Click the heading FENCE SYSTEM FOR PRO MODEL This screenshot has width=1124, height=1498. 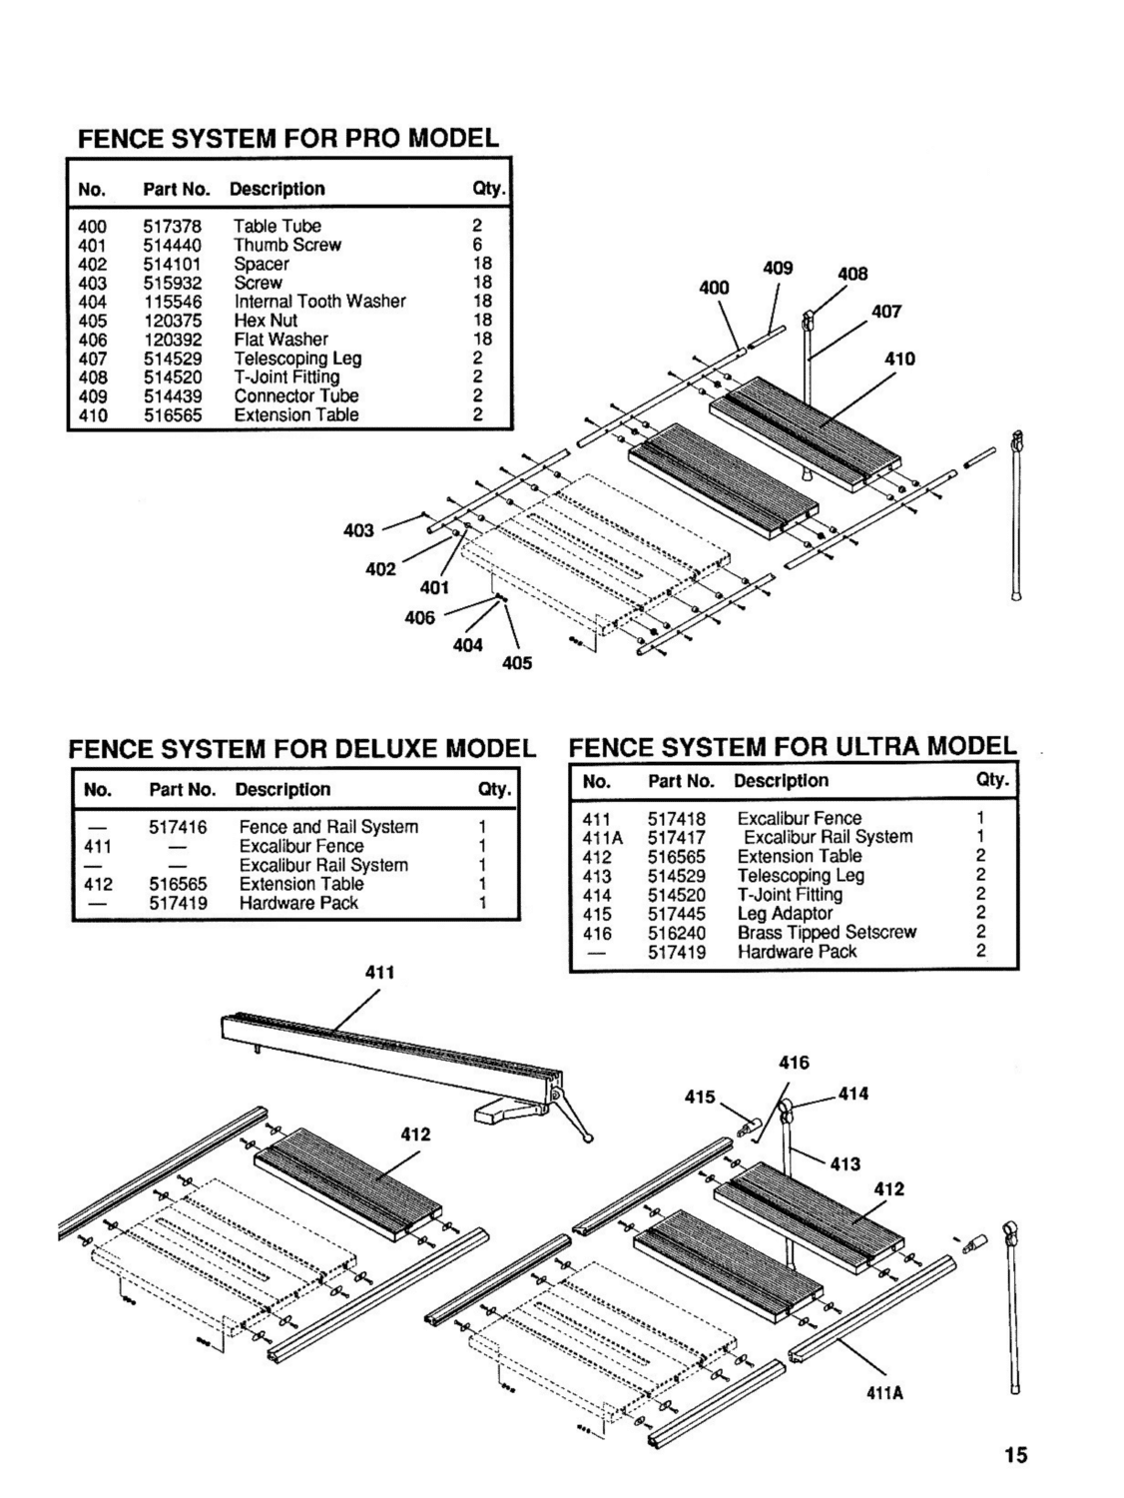click(x=288, y=138)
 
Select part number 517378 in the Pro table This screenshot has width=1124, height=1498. click(x=172, y=227)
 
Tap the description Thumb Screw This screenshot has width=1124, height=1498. click(x=287, y=246)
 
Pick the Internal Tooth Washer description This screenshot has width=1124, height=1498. click(x=319, y=302)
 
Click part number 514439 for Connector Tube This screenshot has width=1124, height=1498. click(x=172, y=396)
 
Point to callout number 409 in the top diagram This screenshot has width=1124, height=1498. click(x=778, y=268)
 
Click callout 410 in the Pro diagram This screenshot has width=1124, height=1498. click(x=899, y=359)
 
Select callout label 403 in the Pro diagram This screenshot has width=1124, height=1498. click(x=358, y=530)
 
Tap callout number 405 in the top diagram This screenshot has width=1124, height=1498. click(x=517, y=663)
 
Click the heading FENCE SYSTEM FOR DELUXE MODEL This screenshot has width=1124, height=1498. click(x=301, y=749)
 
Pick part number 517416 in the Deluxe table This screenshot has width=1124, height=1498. click(x=178, y=827)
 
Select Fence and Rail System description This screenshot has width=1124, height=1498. click(x=328, y=827)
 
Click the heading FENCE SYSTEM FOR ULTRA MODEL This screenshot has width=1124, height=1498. click(x=793, y=746)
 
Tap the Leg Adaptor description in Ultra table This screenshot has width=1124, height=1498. click(x=785, y=914)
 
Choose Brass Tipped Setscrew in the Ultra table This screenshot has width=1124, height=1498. click(x=827, y=933)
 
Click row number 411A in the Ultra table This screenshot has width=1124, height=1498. click(x=602, y=838)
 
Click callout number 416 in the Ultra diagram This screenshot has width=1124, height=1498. click(x=794, y=1063)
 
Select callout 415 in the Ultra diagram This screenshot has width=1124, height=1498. click(x=700, y=1097)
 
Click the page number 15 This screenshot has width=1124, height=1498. click(x=1015, y=1455)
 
